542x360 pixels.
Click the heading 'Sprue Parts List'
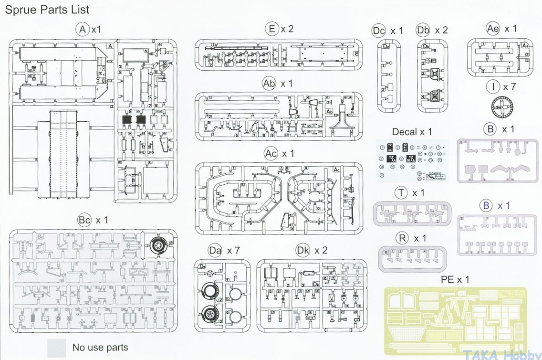click(47, 9)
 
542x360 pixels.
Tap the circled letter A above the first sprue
click(83, 30)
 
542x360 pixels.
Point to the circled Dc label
click(378, 31)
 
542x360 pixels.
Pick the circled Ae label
click(493, 29)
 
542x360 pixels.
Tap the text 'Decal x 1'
click(412, 132)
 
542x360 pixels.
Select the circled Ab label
click(270, 84)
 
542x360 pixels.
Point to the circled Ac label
click(271, 154)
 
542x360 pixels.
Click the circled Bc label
click(84, 220)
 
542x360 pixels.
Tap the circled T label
click(402, 193)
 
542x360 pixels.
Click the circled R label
click(403, 238)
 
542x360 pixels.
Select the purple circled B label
click(486, 206)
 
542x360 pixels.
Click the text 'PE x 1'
click(455, 279)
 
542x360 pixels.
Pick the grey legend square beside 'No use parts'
click(57, 347)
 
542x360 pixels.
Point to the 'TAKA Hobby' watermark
click(508, 354)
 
